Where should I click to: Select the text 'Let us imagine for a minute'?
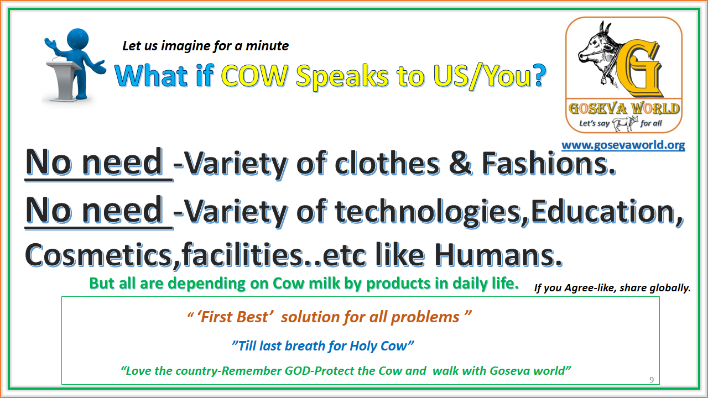tap(205, 46)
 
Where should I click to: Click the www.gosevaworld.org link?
tap(623, 145)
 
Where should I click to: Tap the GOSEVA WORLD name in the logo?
tap(623, 108)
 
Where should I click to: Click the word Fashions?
tap(548, 164)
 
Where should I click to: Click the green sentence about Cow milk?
tap(304, 284)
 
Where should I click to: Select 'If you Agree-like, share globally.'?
tap(612, 287)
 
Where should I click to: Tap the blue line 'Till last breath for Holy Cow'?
tap(322, 346)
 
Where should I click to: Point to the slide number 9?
tap(651, 379)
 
